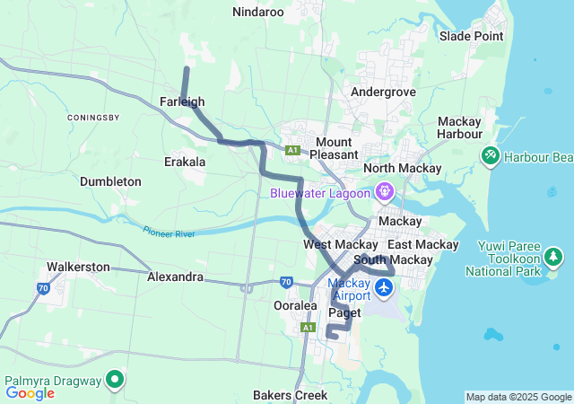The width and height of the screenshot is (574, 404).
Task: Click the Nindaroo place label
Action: (x=257, y=13)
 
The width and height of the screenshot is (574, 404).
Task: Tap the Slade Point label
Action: (x=472, y=36)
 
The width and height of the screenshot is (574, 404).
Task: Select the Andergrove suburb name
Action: (x=383, y=92)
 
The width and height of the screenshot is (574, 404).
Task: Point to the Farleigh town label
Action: (x=182, y=102)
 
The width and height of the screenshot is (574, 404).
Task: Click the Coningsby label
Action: (x=94, y=119)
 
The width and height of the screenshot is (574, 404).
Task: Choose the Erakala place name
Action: (x=185, y=162)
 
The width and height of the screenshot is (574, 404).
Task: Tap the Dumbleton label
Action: (x=110, y=181)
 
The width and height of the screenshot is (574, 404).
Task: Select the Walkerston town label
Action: (x=78, y=267)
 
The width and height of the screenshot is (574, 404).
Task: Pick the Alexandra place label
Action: (x=175, y=277)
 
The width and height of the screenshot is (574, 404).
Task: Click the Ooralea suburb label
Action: (x=295, y=306)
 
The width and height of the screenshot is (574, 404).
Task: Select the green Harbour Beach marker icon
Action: (x=490, y=156)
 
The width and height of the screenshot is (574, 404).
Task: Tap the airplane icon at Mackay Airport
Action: (x=386, y=287)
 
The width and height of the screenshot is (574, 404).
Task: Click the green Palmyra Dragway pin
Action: (x=115, y=379)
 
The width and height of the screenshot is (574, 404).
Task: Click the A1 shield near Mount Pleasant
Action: (x=292, y=150)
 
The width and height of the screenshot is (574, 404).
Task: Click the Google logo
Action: (x=30, y=392)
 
